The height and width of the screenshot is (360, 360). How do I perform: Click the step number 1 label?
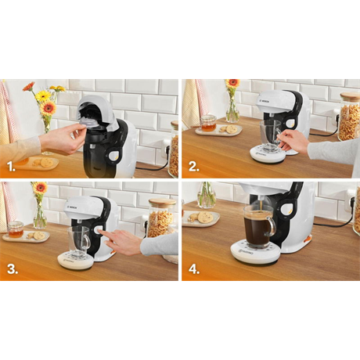coord(11,167)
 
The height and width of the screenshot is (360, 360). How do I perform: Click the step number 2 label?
coord(193,167)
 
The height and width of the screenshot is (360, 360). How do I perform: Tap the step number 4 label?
coord(193,268)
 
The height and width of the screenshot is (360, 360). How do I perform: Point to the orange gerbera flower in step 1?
coord(49,108)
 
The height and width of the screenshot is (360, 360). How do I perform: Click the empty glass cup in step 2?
coord(271,133)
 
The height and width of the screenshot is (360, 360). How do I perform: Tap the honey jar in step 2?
coord(207,123)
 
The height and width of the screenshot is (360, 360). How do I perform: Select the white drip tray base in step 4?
coord(254,251)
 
